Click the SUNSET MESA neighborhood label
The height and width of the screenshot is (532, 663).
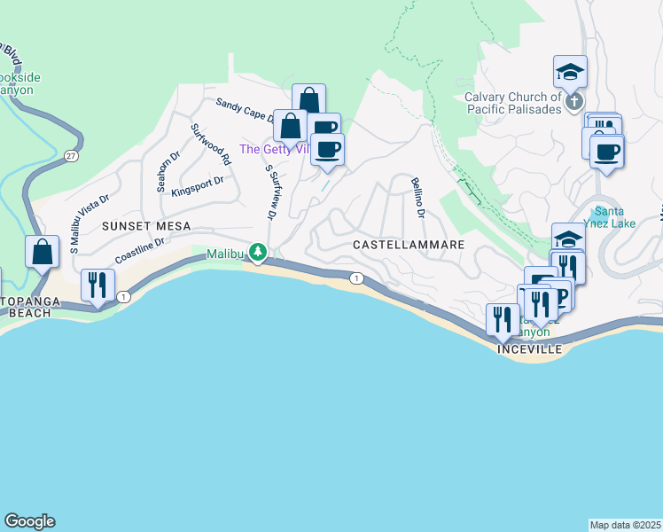point(146,226)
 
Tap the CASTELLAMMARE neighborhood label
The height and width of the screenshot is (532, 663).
point(409,243)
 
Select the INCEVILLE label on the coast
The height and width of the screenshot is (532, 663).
point(530,349)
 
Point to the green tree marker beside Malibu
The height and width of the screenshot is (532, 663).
point(258,254)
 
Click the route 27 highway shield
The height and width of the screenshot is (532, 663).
point(70,156)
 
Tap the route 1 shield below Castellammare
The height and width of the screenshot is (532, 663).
point(355,278)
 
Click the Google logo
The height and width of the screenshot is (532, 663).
point(29,521)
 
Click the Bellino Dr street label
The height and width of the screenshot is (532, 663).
point(417,199)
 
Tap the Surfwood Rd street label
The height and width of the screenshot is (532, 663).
point(211,145)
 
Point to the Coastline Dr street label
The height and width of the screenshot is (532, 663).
point(140,250)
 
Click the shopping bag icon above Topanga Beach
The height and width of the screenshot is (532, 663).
point(42,252)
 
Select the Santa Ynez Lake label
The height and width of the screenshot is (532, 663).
point(612,217)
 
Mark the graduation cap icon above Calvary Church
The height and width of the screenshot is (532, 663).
point(571,71)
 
